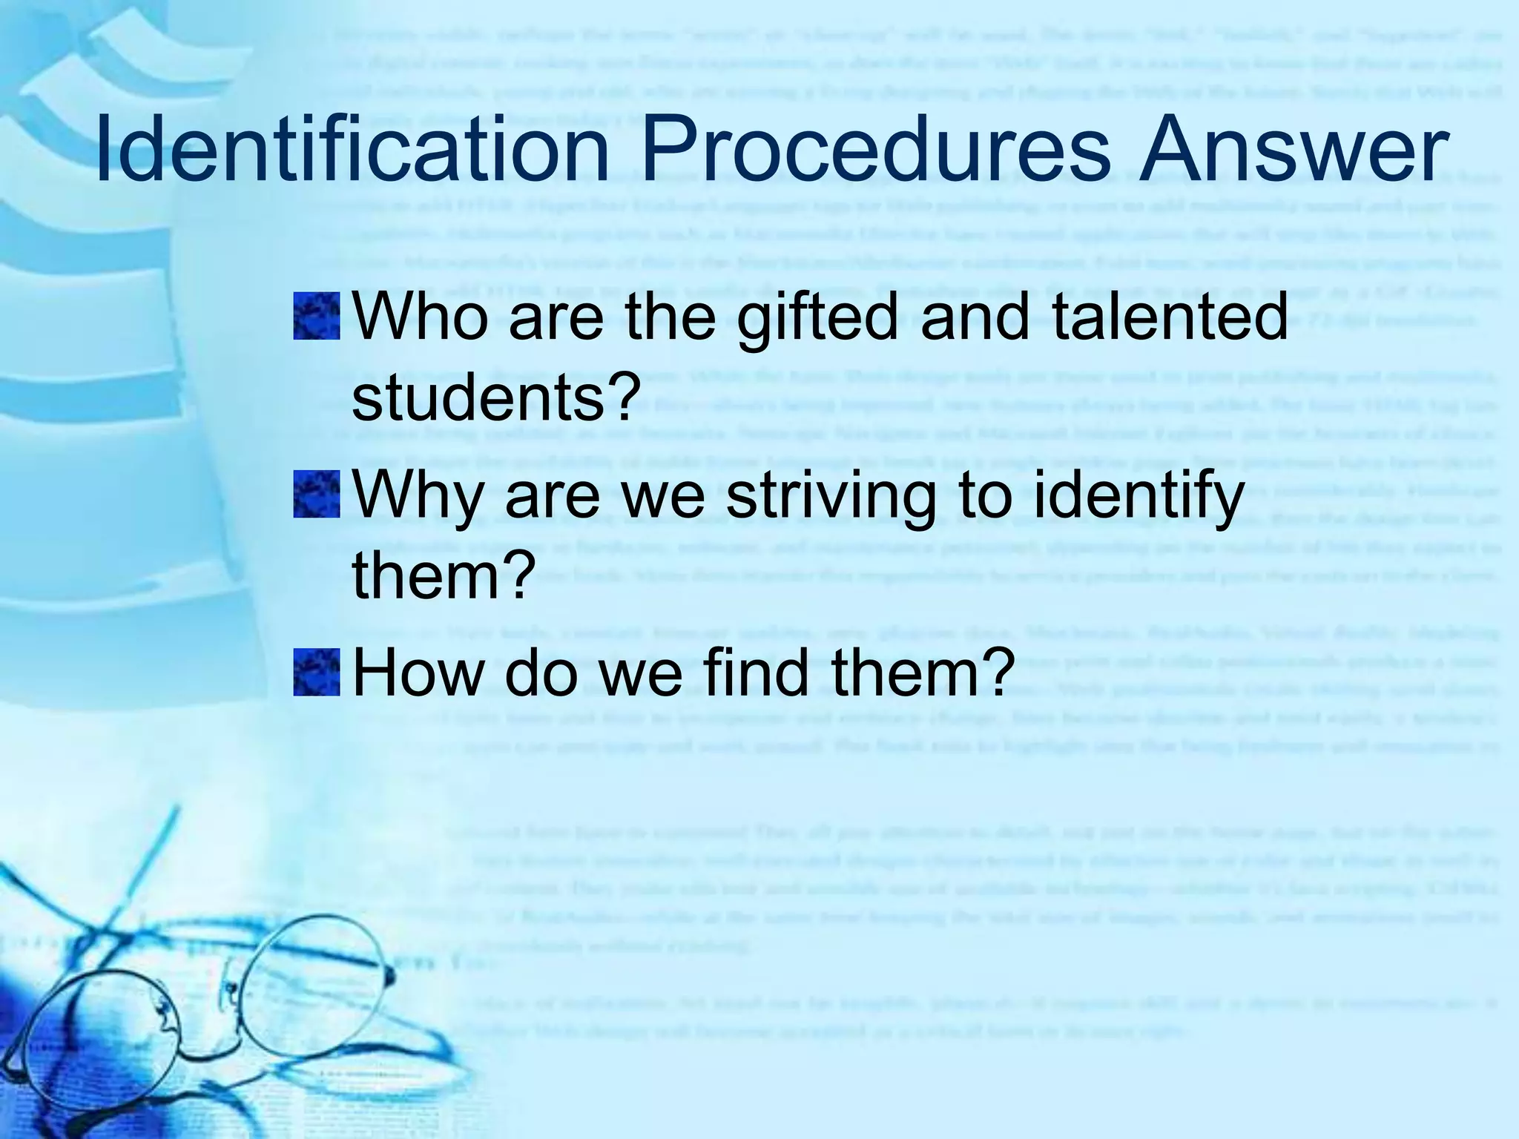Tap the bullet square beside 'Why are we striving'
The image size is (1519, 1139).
[x=317, y=495]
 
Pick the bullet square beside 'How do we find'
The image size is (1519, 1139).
[x=317, y=673]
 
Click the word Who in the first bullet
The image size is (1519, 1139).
[x=421, y=317]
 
